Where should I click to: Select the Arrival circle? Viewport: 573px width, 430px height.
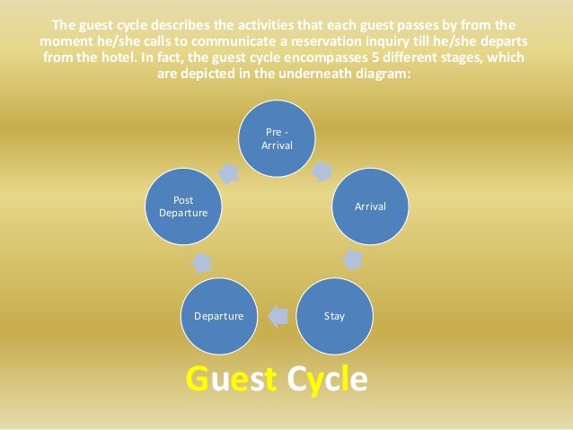click(x=369, y=206)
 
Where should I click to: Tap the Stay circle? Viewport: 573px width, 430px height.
click(x=333, y=315)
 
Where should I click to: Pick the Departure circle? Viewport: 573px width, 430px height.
click(x=218, y=315)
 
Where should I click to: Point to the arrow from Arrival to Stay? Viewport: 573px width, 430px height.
click(x=354, y=260)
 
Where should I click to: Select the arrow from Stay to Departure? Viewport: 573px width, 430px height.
click(x=278, y=315)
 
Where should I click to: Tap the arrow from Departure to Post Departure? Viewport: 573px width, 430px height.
click(x=201, y=262)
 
